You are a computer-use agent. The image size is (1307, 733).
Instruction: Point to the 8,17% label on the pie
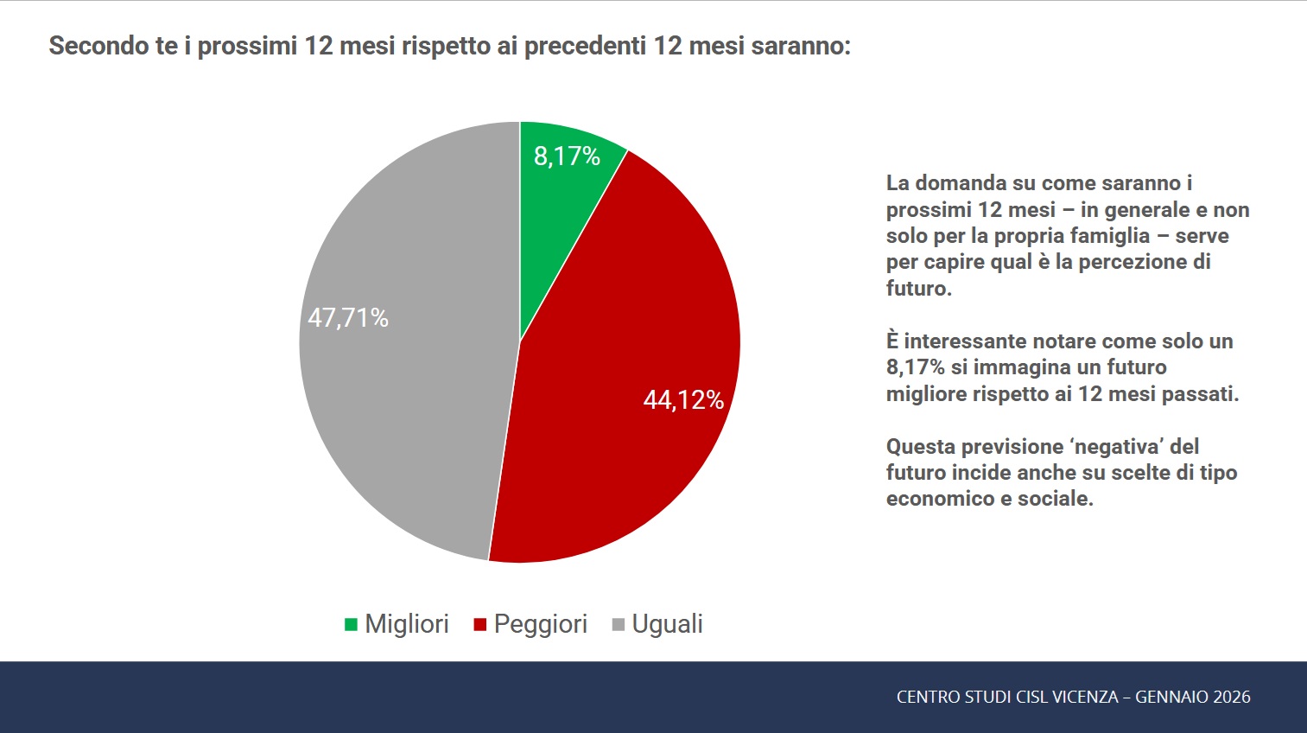(567, 156)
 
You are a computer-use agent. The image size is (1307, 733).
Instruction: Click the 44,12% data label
(683, 400)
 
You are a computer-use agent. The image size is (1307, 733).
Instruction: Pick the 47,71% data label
(348, 318)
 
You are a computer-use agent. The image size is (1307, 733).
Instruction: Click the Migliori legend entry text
(407, 624)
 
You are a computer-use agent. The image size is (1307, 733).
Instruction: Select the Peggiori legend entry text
(541, 624)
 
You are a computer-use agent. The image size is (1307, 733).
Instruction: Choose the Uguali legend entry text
(667, 624)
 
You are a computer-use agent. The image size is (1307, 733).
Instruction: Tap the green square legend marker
(351, 625)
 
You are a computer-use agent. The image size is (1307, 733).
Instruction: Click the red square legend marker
(480, 625)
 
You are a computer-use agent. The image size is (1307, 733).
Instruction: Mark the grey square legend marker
(619, 625)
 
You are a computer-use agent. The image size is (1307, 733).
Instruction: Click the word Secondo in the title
(98, 46)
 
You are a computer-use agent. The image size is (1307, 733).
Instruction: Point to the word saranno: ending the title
(801, 46)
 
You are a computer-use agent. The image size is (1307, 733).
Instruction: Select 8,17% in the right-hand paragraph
(916, 367)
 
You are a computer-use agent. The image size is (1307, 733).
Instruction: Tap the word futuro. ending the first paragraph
(918, 289)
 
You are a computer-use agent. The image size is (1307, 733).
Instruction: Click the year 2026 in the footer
(1232, 697)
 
